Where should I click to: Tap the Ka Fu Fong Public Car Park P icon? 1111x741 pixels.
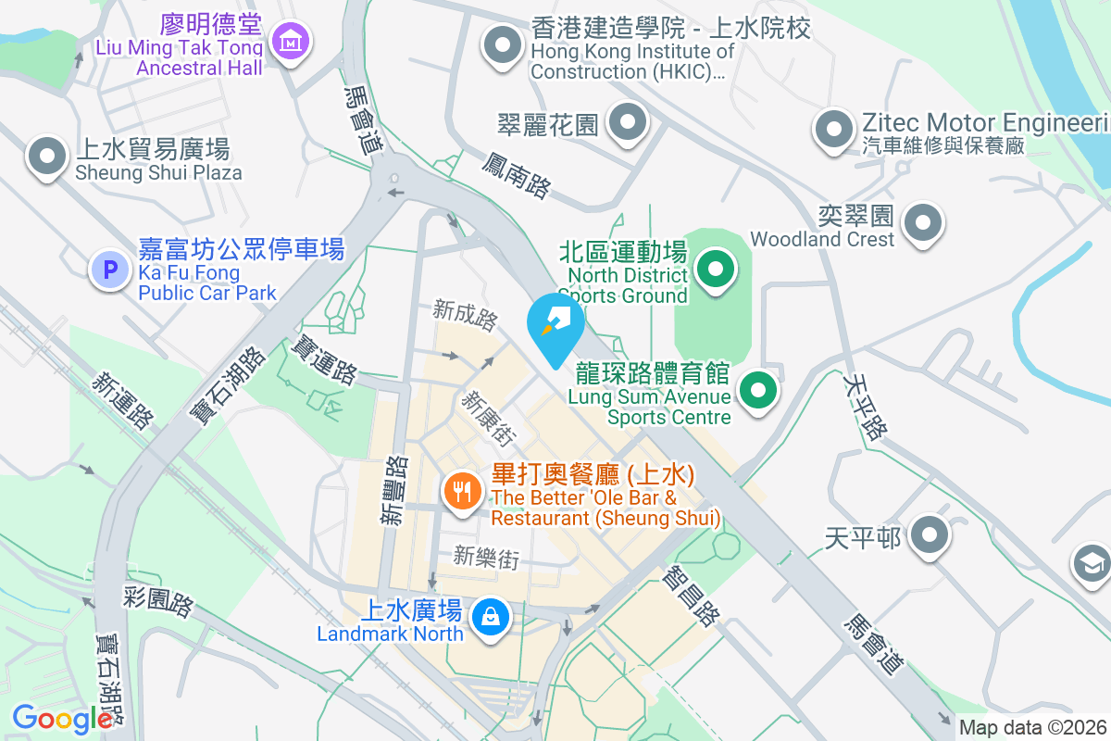point(110,270)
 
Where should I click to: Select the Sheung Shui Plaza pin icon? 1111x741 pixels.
point(46,158)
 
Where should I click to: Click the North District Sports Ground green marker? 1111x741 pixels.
point(714,271)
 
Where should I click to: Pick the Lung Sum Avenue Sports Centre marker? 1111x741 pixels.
point(759,391)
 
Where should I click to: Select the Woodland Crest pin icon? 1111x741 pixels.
point(922,223)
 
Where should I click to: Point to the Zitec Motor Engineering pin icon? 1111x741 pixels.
point(833,129)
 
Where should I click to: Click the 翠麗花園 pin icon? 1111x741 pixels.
point(629,122)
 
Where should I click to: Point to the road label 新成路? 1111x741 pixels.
point(466,314)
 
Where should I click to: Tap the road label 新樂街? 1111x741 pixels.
point(485,557)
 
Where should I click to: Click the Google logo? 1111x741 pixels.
point(62,719)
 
